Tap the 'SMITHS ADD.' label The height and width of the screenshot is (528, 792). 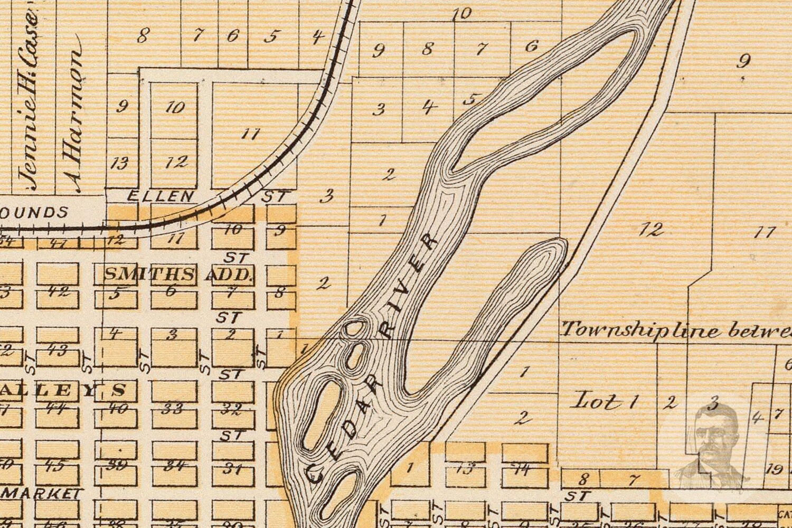(178, 274)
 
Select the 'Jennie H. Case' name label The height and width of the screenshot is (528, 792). (29, 100)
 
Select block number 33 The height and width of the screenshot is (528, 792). (174, 408)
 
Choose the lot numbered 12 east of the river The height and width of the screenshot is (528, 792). (650, 229)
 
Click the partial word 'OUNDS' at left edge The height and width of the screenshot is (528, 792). (34, 213)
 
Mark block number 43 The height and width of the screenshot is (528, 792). (56, 350)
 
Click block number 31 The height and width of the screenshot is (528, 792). (232, 467)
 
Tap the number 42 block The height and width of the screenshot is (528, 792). (58, 291)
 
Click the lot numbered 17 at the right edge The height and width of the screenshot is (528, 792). (764, 231)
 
